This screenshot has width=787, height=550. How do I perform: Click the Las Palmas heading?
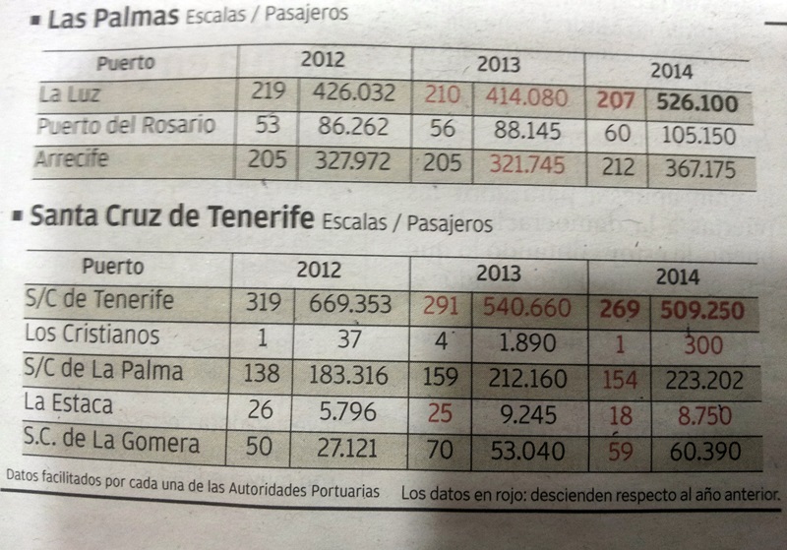pos(113,18)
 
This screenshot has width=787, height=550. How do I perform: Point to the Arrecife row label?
pos(74,157)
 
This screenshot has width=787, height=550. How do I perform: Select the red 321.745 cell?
pos(527,164)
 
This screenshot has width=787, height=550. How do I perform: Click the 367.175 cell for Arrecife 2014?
pos(699,169)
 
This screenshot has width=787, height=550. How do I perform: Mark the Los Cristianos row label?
pos(91,335)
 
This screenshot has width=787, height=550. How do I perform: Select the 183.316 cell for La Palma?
pos(350,374)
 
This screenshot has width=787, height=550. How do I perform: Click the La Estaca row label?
pos(70,403)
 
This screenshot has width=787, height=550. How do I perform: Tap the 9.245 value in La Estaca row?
pos(534,414)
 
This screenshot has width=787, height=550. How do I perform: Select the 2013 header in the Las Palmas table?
pos(499,65)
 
